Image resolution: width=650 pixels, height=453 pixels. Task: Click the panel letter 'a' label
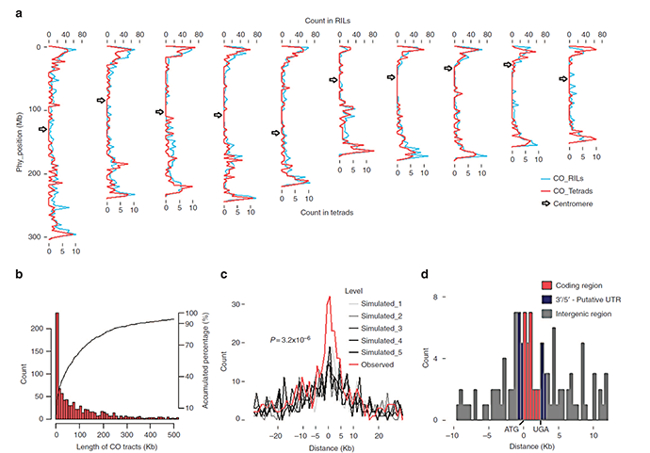[x=10, y=9]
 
